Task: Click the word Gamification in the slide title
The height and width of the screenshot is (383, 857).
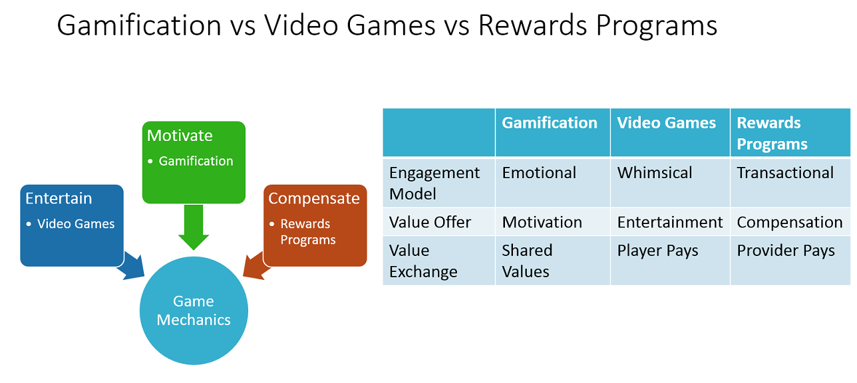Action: click(x=139, y=26)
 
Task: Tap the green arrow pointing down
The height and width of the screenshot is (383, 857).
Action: click(x=194, y=227)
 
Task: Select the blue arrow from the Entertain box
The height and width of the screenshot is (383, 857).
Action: click(x=132, y=266)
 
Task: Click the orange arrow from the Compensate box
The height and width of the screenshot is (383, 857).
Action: click(x=256, y=266)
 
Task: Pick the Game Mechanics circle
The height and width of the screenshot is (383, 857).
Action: click(x=194, y=311)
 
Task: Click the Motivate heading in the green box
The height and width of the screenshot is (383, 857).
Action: click(x=180, y=136)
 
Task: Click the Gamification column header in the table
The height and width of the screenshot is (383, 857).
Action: click(x=550, y=123)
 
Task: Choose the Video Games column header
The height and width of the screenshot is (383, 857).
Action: click(x=666, y=123)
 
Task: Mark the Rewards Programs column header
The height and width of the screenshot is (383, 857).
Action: click(x=772, y=134)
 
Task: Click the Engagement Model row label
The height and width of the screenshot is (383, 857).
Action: click(x=434, y=184)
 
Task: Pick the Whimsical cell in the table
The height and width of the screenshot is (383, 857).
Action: click(x=655, y=173)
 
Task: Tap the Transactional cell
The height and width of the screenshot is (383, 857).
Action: click(x=785, y=173)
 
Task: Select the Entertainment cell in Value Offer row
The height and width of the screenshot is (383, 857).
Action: click(x=670, y=223)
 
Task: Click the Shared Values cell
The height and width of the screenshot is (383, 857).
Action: click(x=527, y=261)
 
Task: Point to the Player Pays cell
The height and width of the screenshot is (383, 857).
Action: click(x=657, y=251)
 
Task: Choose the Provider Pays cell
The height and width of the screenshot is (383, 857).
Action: click(x=786, y=251)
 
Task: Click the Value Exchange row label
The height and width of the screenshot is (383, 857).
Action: click(x=423, y=261)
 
